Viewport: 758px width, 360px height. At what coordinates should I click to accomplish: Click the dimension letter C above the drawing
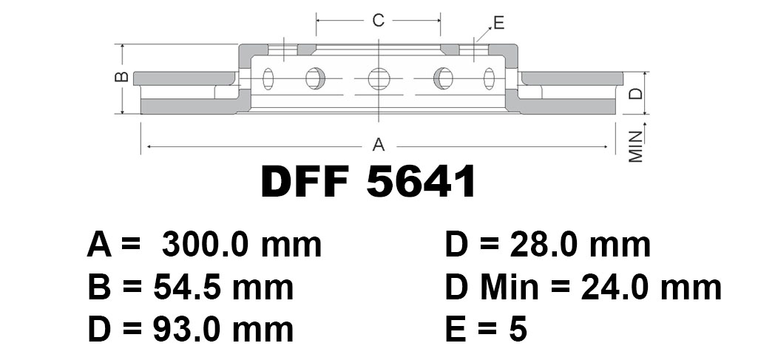tap(378, 20)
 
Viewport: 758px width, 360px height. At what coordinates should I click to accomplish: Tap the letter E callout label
tap(499, 23)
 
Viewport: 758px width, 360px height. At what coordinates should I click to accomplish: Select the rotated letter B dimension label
tap(123, 76)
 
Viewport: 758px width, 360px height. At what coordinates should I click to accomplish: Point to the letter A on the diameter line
tap(379, 144)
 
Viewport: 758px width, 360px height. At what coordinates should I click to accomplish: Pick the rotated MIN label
tap(636, 147)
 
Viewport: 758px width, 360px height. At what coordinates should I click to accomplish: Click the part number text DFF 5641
tap(368, 182)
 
